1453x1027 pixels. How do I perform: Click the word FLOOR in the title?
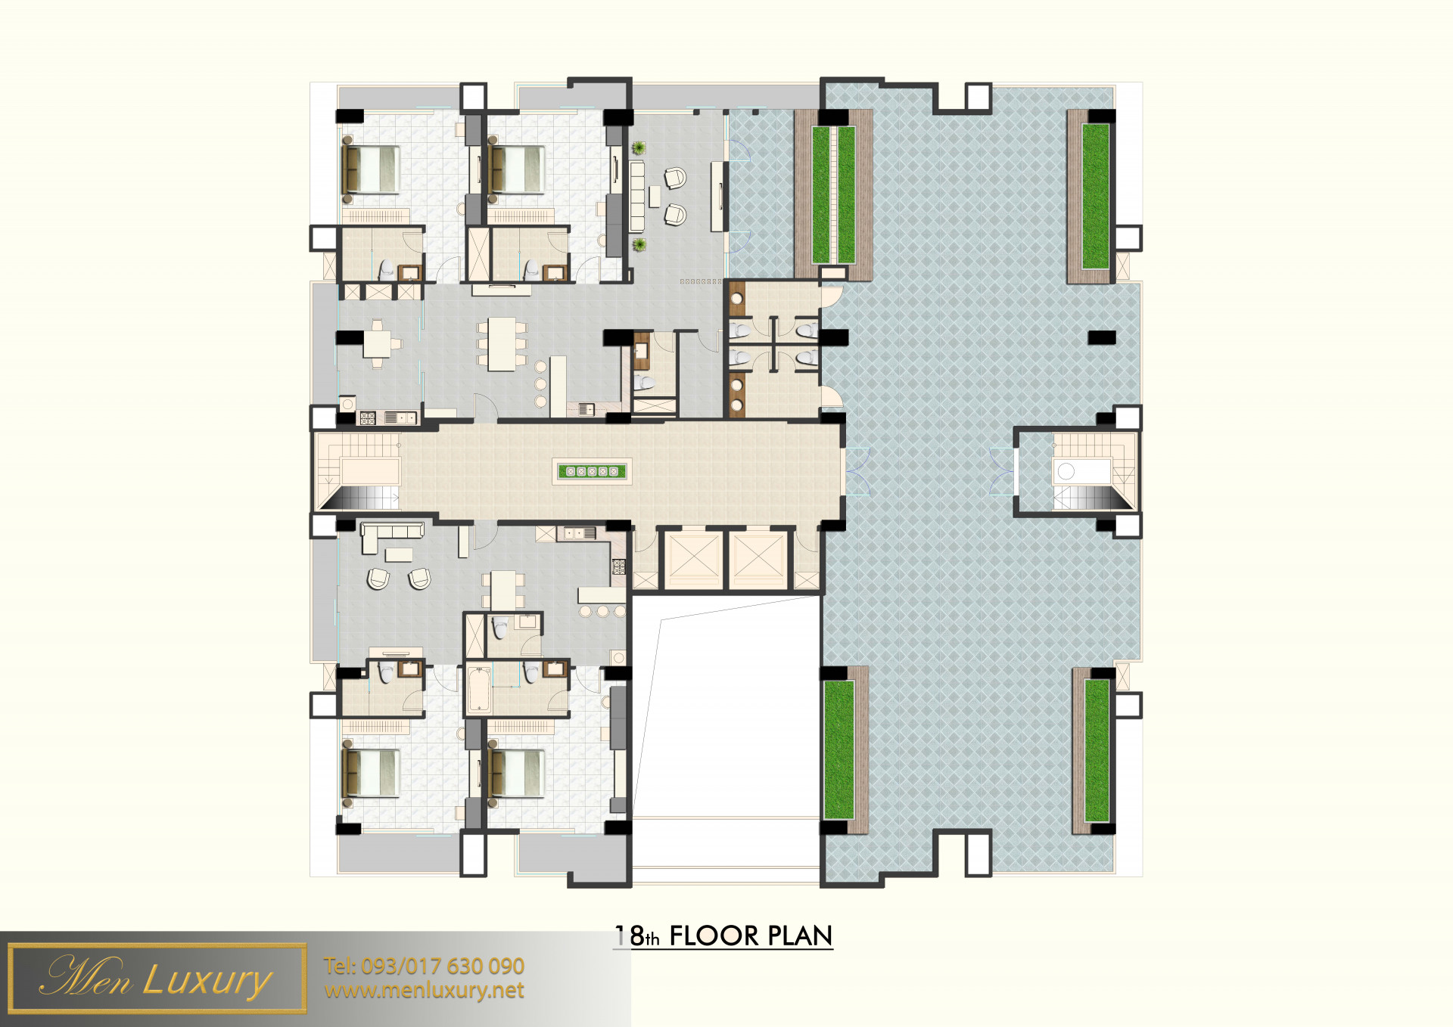click(714, 935)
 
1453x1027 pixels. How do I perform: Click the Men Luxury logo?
click(157, 978)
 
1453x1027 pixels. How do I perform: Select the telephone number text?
click(424, 966)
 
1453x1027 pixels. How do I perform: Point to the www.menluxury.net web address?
click(424, 990)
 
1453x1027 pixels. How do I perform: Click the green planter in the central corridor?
click(593, 471)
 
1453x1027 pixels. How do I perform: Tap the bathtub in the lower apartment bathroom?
click(479, 689)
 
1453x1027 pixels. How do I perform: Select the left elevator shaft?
click(693, 560)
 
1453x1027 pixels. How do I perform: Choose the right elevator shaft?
click(758, 560)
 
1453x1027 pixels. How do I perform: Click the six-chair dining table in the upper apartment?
click(501, 344)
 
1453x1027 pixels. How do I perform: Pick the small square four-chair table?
click(377, 344)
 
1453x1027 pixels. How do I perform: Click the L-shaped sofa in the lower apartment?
click(391, 535)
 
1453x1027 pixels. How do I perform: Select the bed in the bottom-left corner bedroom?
click(370, 773)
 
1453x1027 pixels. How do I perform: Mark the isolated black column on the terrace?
click(1101, 337)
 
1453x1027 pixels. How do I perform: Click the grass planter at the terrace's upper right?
click(1095, 196)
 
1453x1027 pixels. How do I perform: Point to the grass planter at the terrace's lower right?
click(1097, 750)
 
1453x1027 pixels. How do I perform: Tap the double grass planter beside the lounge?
click(833, 195)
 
